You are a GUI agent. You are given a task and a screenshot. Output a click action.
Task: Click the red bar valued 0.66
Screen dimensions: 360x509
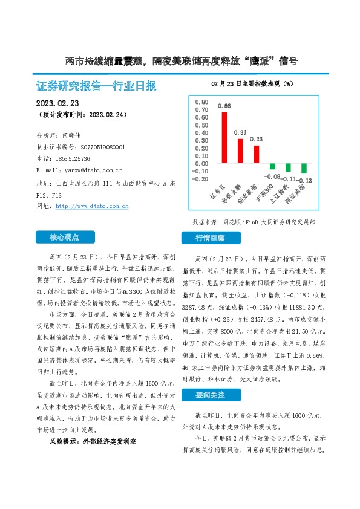tap(224, 137)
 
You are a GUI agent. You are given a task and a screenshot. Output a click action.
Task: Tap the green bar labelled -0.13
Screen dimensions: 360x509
tap(304, 169)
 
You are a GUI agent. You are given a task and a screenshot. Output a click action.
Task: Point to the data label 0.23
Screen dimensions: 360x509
tap(256, 139)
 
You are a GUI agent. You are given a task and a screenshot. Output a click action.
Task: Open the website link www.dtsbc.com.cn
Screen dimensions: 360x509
tap(91, 206)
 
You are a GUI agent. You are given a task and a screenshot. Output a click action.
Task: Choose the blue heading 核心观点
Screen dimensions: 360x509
tap(64, 238)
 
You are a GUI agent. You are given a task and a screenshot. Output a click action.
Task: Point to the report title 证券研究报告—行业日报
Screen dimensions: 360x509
tap(96, 86)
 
